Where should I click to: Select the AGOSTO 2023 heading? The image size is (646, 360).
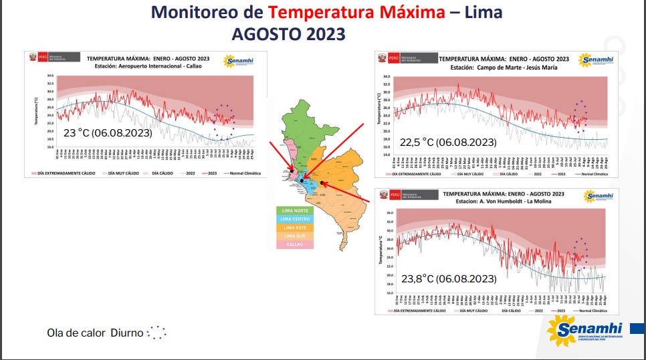288,33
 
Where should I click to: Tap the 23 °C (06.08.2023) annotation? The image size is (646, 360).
108,133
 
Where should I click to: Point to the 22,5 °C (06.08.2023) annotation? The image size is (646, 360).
447,142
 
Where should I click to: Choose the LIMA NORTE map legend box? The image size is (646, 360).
295,211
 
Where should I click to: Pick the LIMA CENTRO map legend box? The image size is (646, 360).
295,219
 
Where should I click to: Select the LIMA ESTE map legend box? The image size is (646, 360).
295,228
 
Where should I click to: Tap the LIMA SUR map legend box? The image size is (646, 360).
295,236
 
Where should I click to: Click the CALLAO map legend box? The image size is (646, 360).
295,245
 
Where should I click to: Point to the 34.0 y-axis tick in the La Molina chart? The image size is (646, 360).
388,213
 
